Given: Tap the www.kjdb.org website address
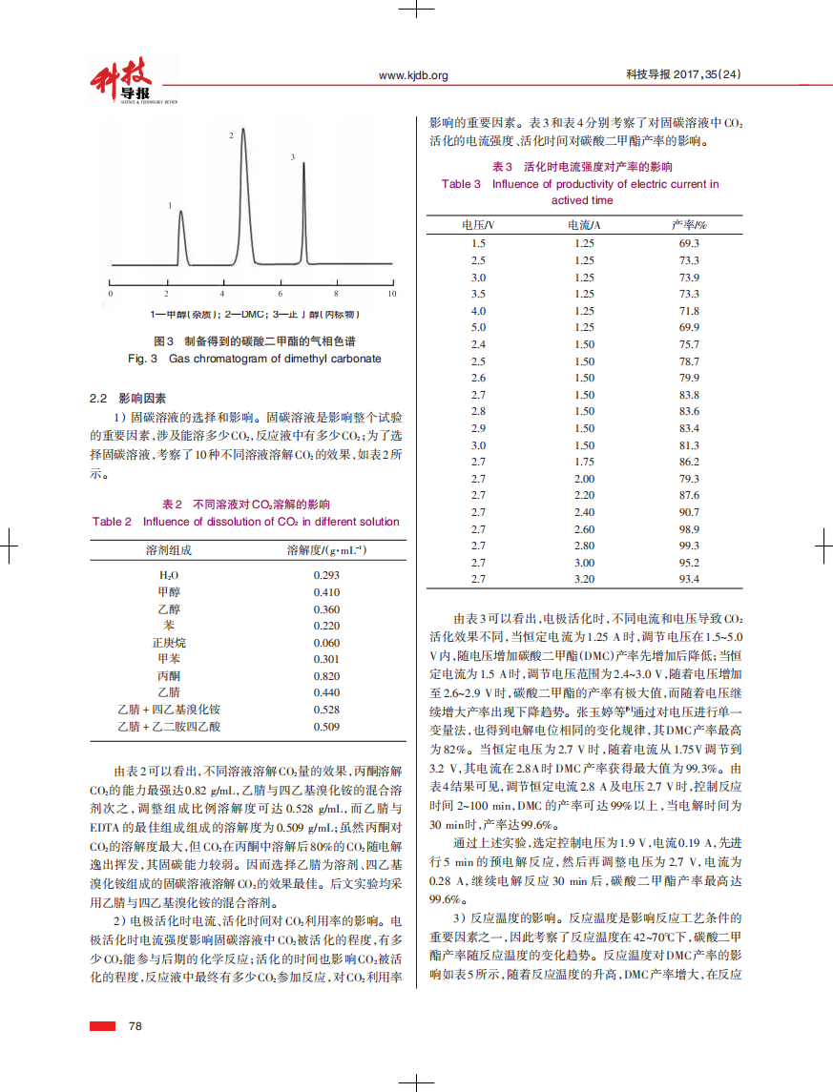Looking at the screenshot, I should [x=413, y=75].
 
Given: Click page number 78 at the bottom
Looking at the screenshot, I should [x=135, y=1025].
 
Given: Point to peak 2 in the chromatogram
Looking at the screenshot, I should [x=243, y=134].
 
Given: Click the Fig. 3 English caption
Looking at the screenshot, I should [x=254, y=359].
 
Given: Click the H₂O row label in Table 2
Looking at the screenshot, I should [x=169, y=575].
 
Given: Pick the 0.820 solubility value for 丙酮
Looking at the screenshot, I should [x=326, y=675].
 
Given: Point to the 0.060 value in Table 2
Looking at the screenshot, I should [x=326, y=642].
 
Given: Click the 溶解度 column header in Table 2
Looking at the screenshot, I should [x=326, y=550].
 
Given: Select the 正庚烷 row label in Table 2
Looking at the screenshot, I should [x=169, y=642].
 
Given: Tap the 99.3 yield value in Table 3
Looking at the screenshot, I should [x=689, y=546].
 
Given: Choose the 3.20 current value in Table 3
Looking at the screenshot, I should [x=584, y=579].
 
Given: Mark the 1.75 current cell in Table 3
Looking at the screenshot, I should [x=584, y=462].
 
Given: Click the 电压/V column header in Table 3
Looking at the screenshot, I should [x=478, y=225].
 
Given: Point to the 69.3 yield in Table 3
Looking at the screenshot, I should [x=689, y=243].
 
